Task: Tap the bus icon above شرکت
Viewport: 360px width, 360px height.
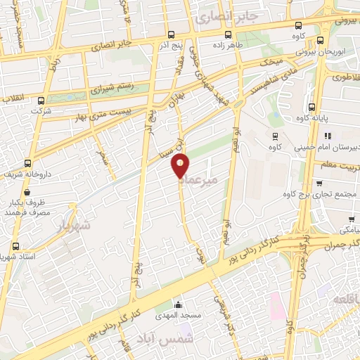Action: click(41, 101)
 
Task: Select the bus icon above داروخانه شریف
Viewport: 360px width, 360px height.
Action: click(27, 162)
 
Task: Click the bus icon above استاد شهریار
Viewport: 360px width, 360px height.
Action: click(16, 246)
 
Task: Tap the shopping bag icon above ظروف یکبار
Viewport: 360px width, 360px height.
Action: click(26, 191)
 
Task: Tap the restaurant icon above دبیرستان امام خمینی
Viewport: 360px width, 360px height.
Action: click(327, 136)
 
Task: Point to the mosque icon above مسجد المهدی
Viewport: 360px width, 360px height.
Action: click(178, 305)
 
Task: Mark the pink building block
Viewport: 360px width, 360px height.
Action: click(276, 304)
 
